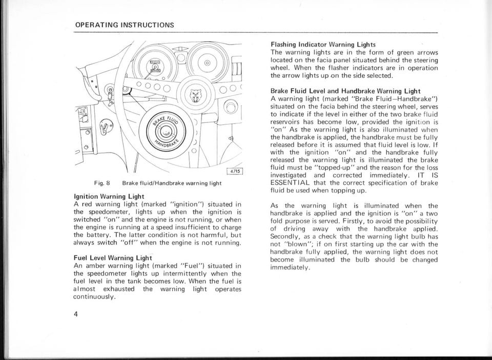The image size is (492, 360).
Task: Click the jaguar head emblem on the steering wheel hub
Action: pos(195,95)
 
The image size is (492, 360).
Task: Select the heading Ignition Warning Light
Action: pos(109,196)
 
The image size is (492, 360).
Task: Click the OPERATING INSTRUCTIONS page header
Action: pos(125,25)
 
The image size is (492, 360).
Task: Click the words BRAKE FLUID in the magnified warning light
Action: pos(169,122)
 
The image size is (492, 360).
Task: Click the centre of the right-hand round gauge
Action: pos(207,62)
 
